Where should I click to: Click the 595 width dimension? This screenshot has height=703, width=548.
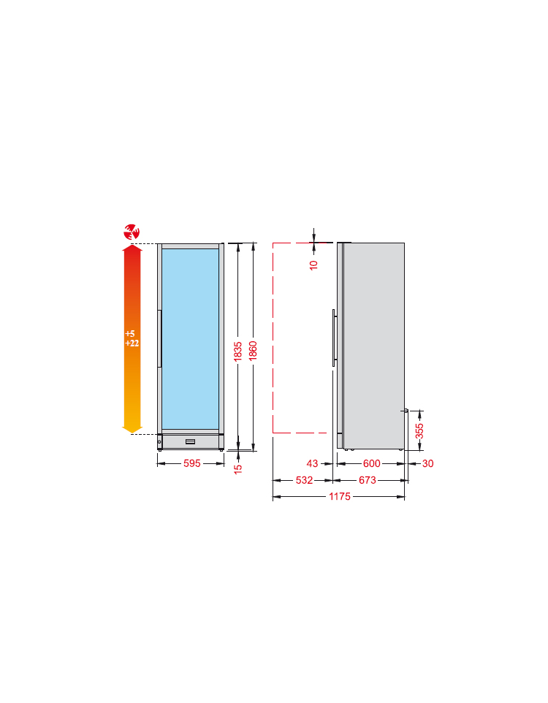192,463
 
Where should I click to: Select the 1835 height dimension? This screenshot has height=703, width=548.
237,351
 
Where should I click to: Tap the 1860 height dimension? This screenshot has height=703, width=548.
253,351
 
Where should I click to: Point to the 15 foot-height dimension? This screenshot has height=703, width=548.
238,469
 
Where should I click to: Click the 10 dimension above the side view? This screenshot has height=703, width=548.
313,265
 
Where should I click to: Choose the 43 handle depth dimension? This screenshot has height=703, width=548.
312,463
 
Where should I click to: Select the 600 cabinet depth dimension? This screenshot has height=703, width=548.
372,463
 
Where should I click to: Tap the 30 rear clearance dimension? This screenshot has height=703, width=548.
428,463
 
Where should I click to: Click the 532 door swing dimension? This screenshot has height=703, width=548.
304,480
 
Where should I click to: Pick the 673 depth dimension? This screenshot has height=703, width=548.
368,480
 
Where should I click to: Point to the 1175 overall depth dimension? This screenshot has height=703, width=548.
340,496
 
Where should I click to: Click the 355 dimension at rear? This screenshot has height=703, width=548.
419,431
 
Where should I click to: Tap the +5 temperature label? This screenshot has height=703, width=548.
130,333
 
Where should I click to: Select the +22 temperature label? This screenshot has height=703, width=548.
132,343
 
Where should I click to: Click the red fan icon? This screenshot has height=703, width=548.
132,232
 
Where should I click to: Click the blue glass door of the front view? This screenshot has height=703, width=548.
190,339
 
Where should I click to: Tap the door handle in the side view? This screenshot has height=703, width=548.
334,338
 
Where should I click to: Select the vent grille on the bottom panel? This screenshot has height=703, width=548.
190,441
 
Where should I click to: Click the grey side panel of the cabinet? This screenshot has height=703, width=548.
373,346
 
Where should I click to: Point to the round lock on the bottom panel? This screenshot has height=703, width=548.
159,442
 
